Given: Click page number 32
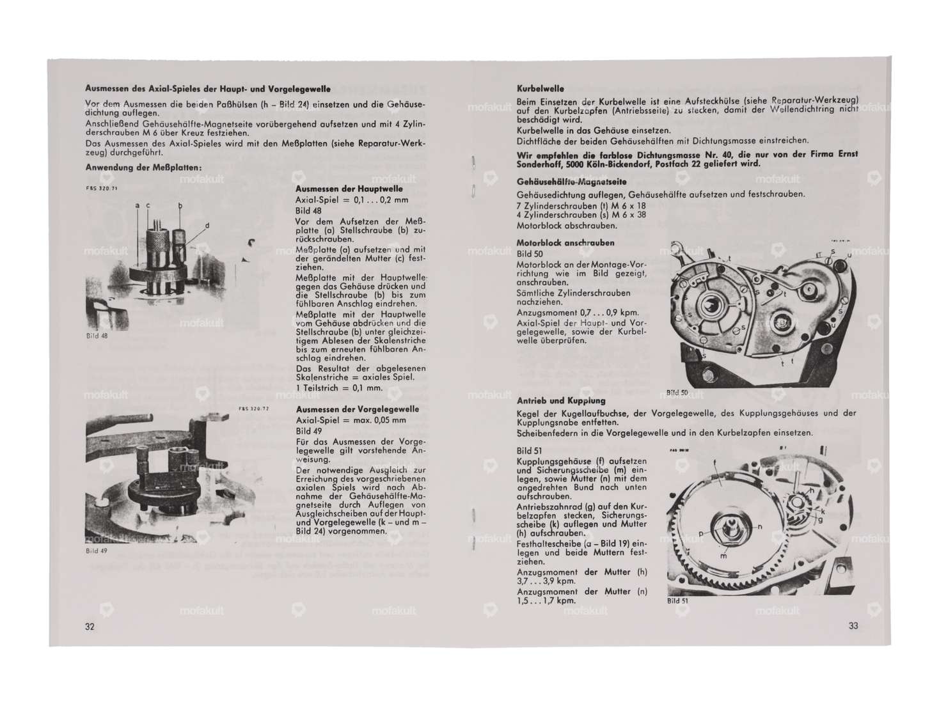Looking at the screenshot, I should tap(90, 627).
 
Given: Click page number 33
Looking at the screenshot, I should tap(853, 626).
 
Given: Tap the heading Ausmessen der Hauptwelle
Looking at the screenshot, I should tap(349, 189).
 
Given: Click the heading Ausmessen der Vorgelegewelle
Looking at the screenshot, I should tap(357, 409).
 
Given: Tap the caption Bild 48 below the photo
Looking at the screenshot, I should tap(97, 336).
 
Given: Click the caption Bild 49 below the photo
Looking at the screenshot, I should tap(97, 551).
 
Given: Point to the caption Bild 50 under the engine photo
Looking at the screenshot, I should tap(677, 393).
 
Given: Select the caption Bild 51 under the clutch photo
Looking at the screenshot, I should tap(677, 600).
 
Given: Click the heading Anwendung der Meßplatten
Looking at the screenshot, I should tap(143, 168).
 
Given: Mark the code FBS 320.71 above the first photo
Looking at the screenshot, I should tap(101, 189).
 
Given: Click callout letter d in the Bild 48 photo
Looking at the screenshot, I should tap(207, 226).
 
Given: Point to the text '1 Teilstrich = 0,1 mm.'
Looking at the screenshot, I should tap(339, 388).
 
